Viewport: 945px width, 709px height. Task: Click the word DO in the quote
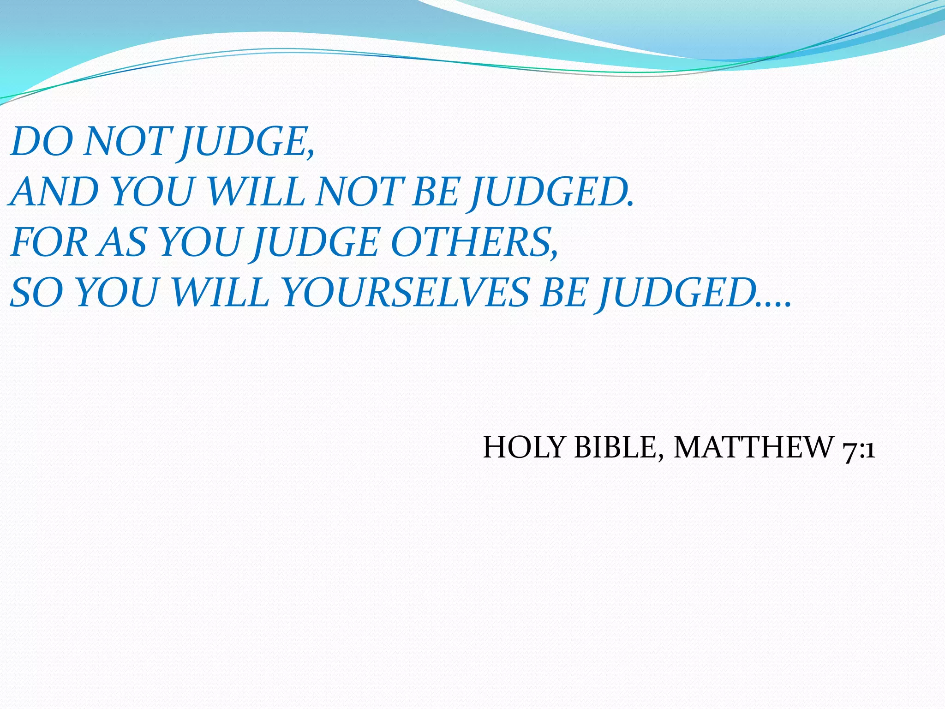click(x=42, y=141)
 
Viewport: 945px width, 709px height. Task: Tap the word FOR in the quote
click(x=48, y=243)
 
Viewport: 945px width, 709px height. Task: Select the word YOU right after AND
click(x=152, y=192)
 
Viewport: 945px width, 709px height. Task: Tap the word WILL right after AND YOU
click(x=256, y=192)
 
